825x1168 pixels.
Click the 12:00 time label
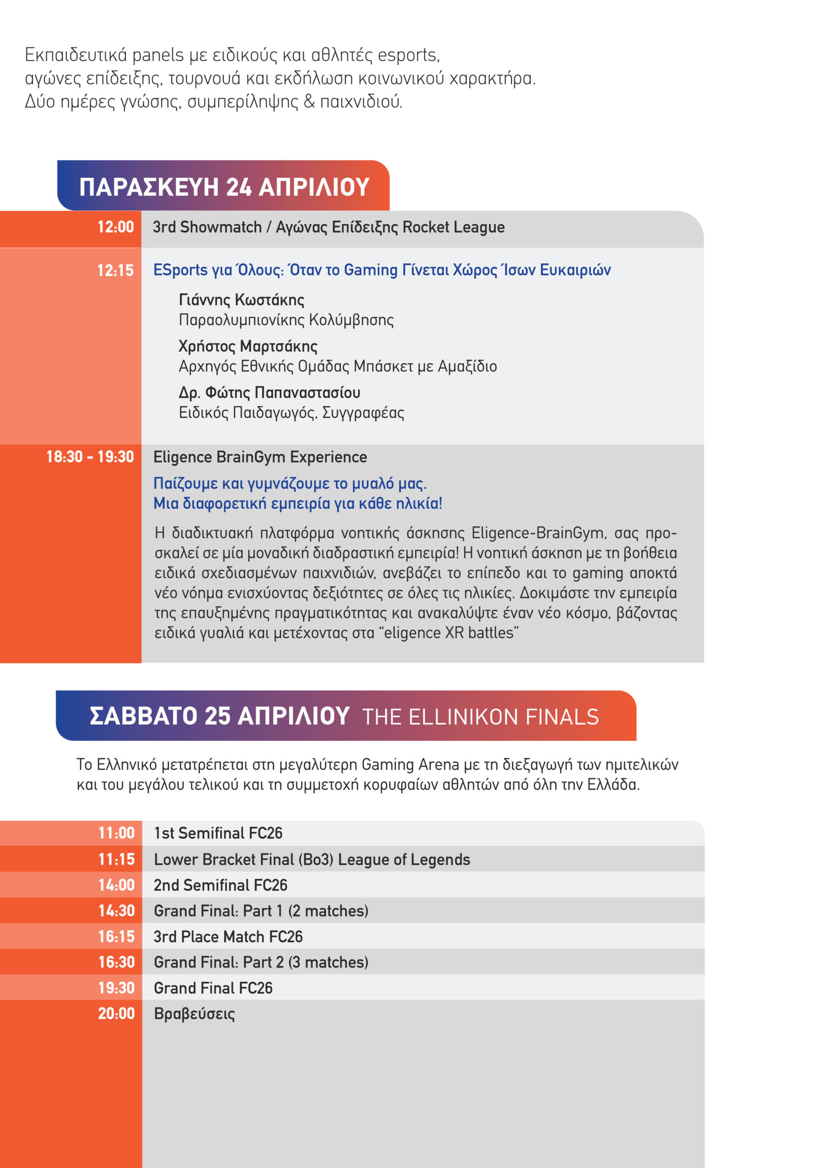coord(115,227)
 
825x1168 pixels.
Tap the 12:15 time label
coord(115,270)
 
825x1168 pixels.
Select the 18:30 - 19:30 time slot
coord(90,457)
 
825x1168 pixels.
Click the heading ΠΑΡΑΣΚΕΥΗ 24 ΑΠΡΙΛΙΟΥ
coord(224,187)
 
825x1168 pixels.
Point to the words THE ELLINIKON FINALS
coord(480,717)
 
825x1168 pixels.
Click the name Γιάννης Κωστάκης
coord(242,300)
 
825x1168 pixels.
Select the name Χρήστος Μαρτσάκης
coord(248,346)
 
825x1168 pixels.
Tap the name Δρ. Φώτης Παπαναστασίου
coord(269,393)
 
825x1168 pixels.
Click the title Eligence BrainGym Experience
coord(260,457)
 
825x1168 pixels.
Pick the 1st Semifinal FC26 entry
coord(218,833)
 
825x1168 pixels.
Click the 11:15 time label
coord(116,859)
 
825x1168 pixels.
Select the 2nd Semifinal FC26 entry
coord(221,885)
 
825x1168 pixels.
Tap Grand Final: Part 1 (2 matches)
coord(261,911)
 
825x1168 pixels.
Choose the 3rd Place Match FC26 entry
coord(228,937)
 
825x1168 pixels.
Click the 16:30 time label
coord(116,962)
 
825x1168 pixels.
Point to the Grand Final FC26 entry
coord(213,988)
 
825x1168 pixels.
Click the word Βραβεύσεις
coord(194,1014)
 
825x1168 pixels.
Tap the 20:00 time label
coord(116,1013)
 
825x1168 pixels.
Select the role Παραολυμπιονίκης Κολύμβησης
coord(286,320)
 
